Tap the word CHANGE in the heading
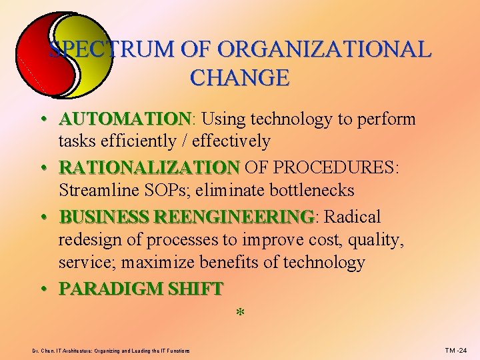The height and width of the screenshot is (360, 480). pyautogui.click(x=239, y=78)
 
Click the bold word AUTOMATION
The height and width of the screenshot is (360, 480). pyautogui.click(x=125, y=119)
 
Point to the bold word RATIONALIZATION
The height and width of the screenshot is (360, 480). pyautogui.click(x=149, y=167)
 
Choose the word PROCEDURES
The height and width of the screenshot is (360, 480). pyautogui.click(x=335, y=167)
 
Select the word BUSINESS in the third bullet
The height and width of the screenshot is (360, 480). pyautogui.click(x=104, y=217)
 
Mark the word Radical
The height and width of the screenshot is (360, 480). pyautogui.click(x=352, y=217)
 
